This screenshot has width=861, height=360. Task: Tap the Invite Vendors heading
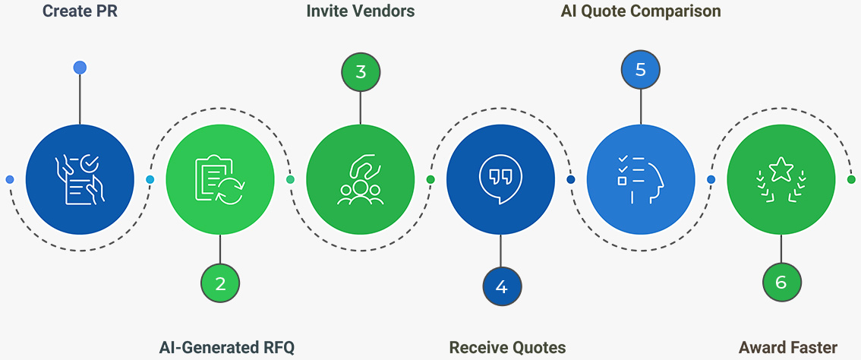360,11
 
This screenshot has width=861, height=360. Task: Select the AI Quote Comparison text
640,11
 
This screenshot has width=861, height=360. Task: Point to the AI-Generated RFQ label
226,348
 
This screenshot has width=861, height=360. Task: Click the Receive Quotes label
507,348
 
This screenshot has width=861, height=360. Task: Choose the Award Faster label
787,348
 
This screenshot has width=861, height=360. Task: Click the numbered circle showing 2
220,284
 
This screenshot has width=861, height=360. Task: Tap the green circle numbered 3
361,72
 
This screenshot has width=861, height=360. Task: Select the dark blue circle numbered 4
501,286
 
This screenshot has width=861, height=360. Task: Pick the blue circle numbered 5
641,70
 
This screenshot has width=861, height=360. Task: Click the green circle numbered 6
781,283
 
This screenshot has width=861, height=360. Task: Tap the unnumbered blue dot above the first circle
80,68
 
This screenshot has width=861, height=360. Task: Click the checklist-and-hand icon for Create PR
80,179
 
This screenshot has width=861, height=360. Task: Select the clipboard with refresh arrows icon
219,179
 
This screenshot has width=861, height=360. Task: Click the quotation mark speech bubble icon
500,179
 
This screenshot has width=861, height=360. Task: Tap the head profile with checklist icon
641,179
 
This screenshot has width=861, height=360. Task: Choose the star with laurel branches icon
781,179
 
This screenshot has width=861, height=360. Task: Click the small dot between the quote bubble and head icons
571,180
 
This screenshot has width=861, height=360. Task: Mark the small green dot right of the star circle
851,180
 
